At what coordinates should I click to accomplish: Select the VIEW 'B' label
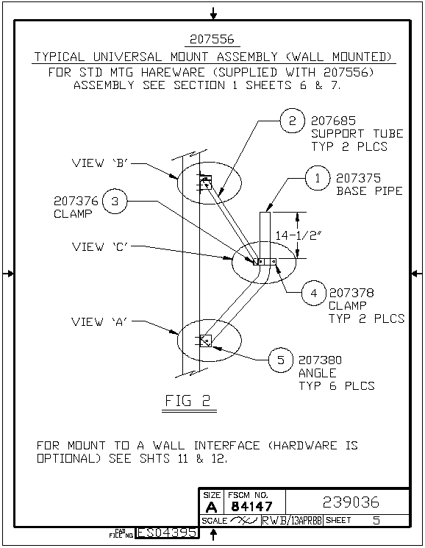[100, 163]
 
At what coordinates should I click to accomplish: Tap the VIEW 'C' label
[100, 246]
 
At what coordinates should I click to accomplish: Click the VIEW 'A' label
[100, 321]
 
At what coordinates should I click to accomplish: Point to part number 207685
[333, 121]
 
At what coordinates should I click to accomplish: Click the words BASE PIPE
[369, 191]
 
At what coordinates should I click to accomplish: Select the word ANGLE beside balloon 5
[318, 373]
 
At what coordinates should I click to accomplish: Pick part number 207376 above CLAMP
[76, 201]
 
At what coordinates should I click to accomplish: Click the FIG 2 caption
[187, 400]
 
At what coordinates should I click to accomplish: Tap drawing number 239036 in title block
[351, 502]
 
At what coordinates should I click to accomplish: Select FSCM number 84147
[251, 506]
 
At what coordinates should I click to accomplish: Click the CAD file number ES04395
[167, 533]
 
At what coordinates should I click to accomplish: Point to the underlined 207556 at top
[212, 39]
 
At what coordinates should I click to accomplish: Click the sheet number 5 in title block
[376, 520]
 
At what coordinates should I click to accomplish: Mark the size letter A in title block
[211, 507]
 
